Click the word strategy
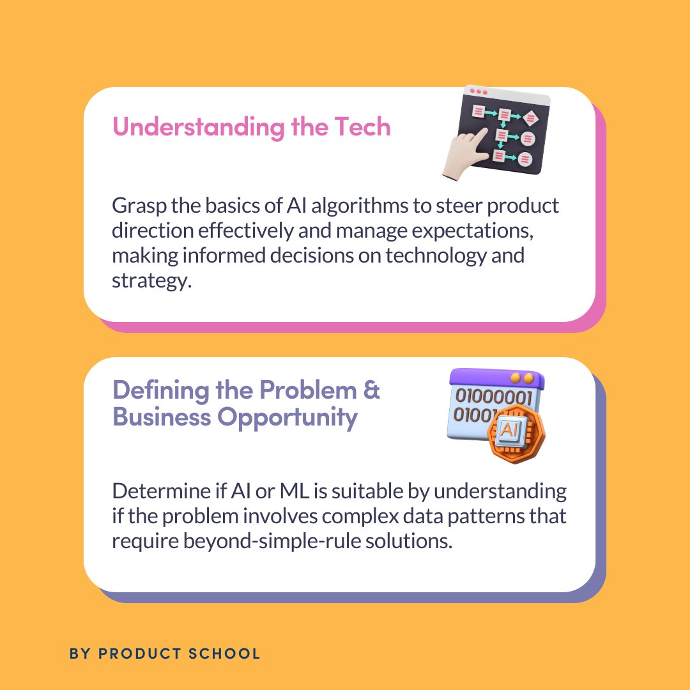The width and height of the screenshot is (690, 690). [x=152, y=280]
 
